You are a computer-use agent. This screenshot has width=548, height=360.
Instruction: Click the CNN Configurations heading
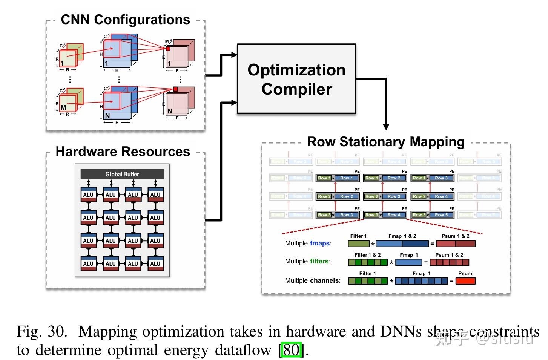125,20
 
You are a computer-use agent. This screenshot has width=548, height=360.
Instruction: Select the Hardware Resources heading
123,152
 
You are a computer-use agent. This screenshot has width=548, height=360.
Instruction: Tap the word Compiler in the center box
297,89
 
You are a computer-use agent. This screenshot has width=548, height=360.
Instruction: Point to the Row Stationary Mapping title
386,142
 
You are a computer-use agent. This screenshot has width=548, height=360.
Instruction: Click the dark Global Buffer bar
122,174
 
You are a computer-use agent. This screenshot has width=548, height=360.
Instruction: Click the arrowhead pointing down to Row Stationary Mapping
386,127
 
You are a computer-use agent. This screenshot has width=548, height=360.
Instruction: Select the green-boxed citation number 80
291,350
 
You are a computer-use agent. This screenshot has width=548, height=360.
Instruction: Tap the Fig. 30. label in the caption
42,332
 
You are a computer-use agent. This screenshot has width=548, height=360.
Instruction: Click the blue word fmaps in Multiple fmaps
320,243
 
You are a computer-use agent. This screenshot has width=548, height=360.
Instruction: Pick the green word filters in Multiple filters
319,261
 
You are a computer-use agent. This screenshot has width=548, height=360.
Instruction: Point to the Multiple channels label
312,280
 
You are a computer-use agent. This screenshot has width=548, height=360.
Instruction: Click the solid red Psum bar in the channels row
465,281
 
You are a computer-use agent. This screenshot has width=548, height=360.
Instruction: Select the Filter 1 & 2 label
367,255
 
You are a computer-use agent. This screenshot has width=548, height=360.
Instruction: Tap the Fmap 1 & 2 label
402,236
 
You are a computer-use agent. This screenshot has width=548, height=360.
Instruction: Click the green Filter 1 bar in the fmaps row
358,244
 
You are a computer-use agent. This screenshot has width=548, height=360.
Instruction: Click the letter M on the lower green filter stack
63,107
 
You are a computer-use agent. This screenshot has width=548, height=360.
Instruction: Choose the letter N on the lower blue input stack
107,115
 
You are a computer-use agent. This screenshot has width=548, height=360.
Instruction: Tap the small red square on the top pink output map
168,49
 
